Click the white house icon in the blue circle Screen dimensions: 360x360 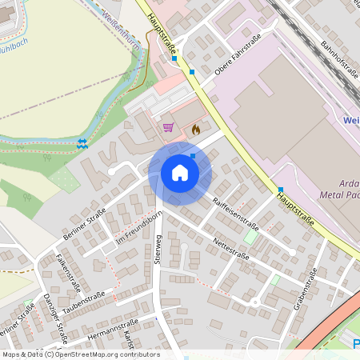point(180,173)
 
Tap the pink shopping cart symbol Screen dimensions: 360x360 point(168,126)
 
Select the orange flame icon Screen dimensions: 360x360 point(195,128)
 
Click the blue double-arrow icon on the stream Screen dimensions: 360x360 point(82,143)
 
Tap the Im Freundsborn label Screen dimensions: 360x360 point(139,229)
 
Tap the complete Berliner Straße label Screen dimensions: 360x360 point(84,226)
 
